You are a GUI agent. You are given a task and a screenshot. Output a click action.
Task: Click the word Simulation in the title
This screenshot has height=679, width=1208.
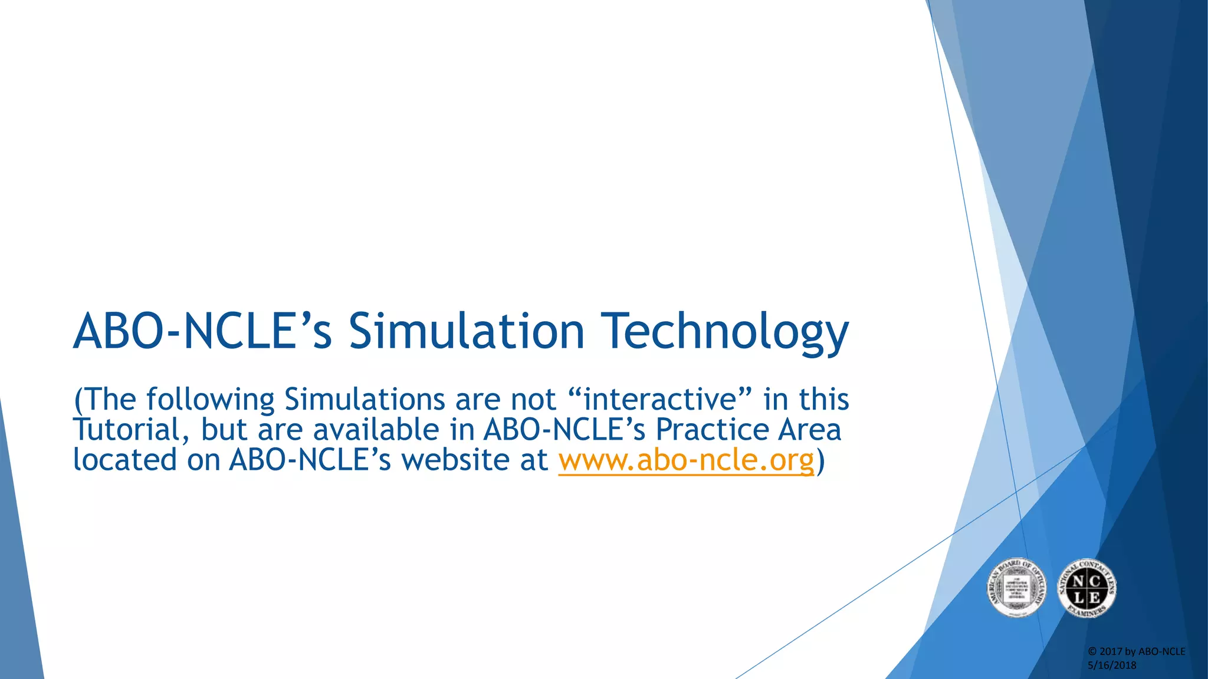(x=466, y=331)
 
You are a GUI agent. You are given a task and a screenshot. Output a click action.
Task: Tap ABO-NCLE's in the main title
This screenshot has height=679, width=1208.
(x=202, y=331)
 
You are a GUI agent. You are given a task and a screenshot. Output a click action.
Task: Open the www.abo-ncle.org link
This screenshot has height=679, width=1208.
(x=686, y=460)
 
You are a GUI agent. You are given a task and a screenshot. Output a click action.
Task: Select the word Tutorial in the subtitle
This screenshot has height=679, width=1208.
(x=126, y=430)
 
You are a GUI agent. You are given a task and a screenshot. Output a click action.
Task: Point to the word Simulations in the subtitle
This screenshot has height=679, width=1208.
(x=364, y=399)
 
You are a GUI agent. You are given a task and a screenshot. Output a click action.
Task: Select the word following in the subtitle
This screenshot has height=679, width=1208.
(x=210, y=400)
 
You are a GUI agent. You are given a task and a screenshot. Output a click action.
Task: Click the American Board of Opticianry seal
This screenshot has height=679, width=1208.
(x=1016, y=588)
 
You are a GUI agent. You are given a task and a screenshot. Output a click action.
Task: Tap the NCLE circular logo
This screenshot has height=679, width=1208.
(x=1086, y=588)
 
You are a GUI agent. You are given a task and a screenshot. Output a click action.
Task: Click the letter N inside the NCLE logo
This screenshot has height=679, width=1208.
(x=1078, y=581)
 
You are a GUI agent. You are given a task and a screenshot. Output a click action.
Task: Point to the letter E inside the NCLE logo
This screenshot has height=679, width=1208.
(x=1094, y=597)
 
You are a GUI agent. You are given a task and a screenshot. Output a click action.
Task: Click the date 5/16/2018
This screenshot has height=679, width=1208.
(x=1112, y=665)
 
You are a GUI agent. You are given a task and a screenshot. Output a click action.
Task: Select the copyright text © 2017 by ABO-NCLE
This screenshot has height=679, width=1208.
(x=1136, y=651)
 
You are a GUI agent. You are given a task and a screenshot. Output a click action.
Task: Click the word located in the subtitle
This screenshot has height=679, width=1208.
(x=124, y=460)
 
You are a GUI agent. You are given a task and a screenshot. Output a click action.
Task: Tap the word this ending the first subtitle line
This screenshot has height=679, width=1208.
(x=824, y=399)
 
